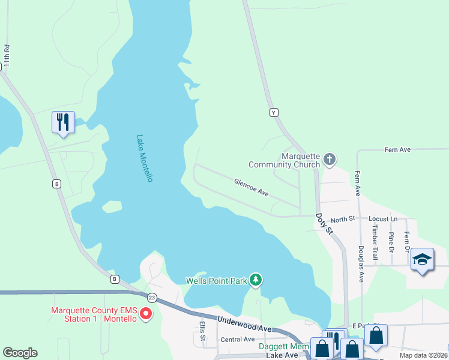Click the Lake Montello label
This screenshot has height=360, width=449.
click(145, 158)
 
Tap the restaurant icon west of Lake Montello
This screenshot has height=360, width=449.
click(62, 122)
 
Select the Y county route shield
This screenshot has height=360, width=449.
click(274, 112)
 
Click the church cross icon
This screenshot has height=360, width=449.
click(328, 159)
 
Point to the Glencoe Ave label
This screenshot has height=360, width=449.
click(251, 187)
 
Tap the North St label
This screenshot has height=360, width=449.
click(343, 220)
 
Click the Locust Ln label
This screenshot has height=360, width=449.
click(383, 220)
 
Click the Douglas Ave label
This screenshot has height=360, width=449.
click(361, 263)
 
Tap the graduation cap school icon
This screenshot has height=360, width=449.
click(422, 259)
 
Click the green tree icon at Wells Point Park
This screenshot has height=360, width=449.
click(256, 280)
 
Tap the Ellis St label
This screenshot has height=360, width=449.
click(203, 332)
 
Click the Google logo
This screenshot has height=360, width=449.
click(20, 353)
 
